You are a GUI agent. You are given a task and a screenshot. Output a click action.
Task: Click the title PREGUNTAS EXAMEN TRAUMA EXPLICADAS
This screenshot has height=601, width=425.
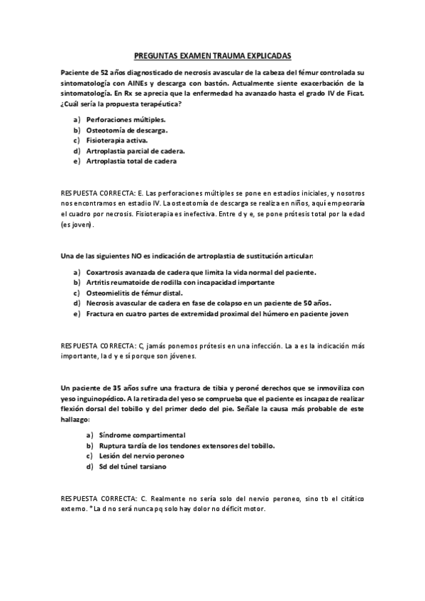212,54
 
